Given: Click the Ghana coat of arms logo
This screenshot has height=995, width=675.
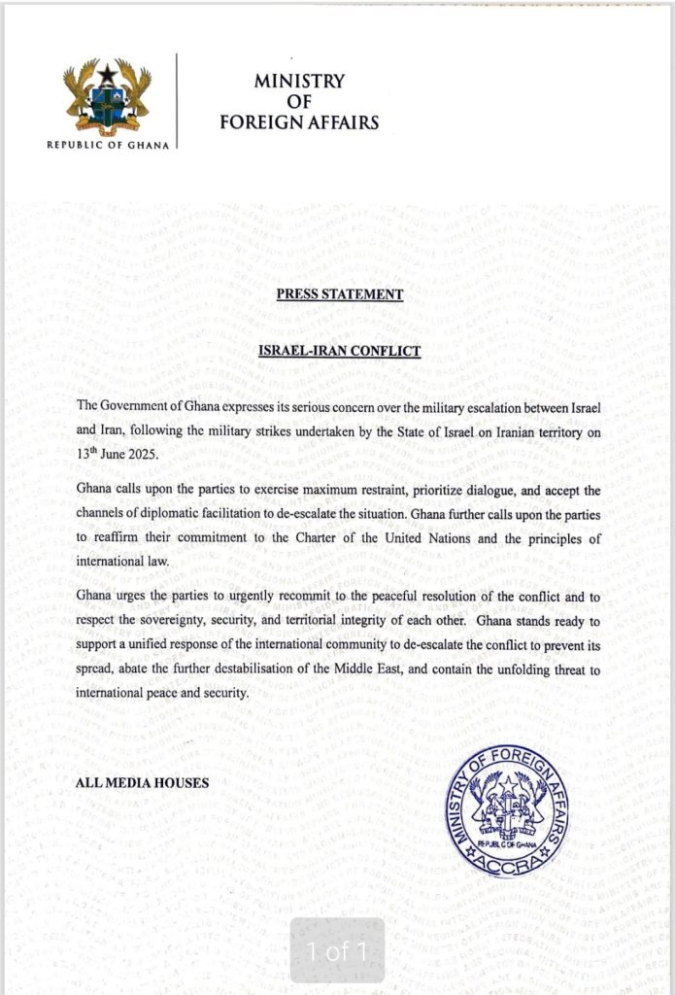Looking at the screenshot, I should [107, 98].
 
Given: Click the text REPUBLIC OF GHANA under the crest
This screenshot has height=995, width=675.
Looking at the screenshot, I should [108, 145].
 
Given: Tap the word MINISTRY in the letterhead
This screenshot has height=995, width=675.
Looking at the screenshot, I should [299, 82].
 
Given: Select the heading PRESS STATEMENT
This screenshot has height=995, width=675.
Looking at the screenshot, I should [338, 294].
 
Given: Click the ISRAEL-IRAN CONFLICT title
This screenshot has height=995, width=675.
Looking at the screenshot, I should [338, 350].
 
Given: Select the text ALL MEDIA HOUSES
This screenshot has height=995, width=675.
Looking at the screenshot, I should [142, 782].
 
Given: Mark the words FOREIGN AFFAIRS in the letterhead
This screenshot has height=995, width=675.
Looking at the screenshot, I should [299, 123].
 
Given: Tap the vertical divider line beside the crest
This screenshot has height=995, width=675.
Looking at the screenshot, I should [177, 100].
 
